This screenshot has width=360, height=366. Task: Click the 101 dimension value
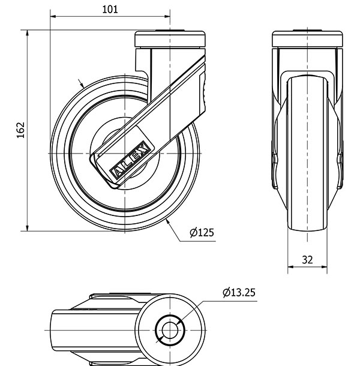point(110,10)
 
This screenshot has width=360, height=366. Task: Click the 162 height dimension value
point(20,130)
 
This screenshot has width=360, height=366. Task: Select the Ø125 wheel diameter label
point(202,232)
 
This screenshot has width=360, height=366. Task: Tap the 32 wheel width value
point(307,260)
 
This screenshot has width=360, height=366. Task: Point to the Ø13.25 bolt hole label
point(239,292)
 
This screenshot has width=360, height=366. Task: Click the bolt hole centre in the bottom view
point(170,330)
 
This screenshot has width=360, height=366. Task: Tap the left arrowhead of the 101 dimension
point(53,16)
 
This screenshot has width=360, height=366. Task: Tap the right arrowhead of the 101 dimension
point(167,16)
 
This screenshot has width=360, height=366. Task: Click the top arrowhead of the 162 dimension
point(28,33)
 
